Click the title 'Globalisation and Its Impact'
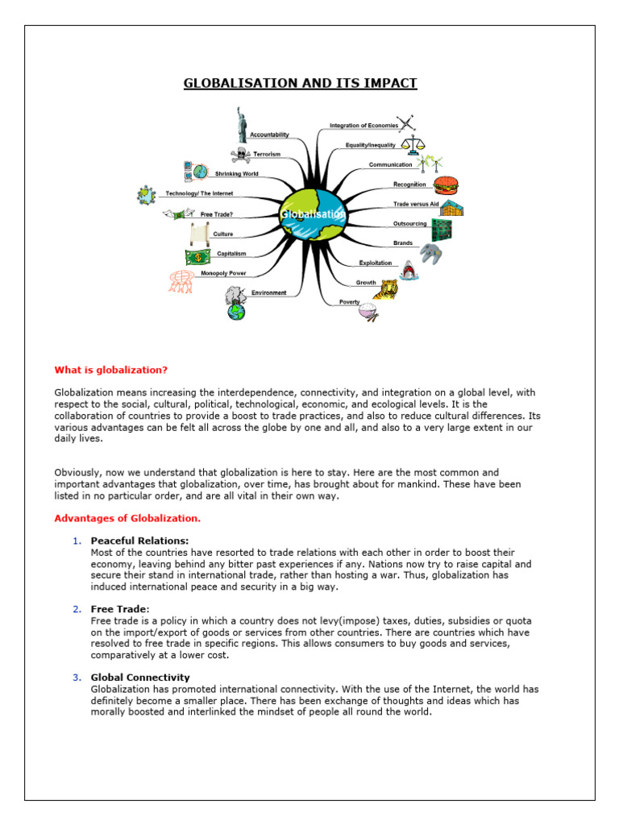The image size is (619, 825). tap(301, 83)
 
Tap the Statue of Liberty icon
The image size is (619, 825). tap(239, 124)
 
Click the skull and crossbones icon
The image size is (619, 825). tap(241, 154)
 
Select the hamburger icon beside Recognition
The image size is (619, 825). tap(445, 185)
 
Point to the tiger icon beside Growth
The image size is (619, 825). tap(389, 288)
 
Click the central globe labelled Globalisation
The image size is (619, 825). tap(313, 214)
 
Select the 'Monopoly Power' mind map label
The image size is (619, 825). tap(224, 273)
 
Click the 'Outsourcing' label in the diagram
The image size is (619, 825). tap(409, 223)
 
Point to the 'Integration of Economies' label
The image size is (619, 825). tap(364, 126)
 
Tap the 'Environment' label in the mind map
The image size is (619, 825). tap(268, 292)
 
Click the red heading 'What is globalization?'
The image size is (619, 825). tap(111, 370)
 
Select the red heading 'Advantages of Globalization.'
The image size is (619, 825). tap(127, 518)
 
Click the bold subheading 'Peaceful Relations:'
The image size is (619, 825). tap(140, 540)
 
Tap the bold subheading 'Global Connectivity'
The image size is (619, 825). tap(140, 678)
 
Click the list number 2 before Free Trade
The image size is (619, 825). tap(76, 609)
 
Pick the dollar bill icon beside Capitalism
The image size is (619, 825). tap(197, 256)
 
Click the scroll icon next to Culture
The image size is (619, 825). tap(199, 234)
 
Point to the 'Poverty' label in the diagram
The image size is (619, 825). tap(349, 302)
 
